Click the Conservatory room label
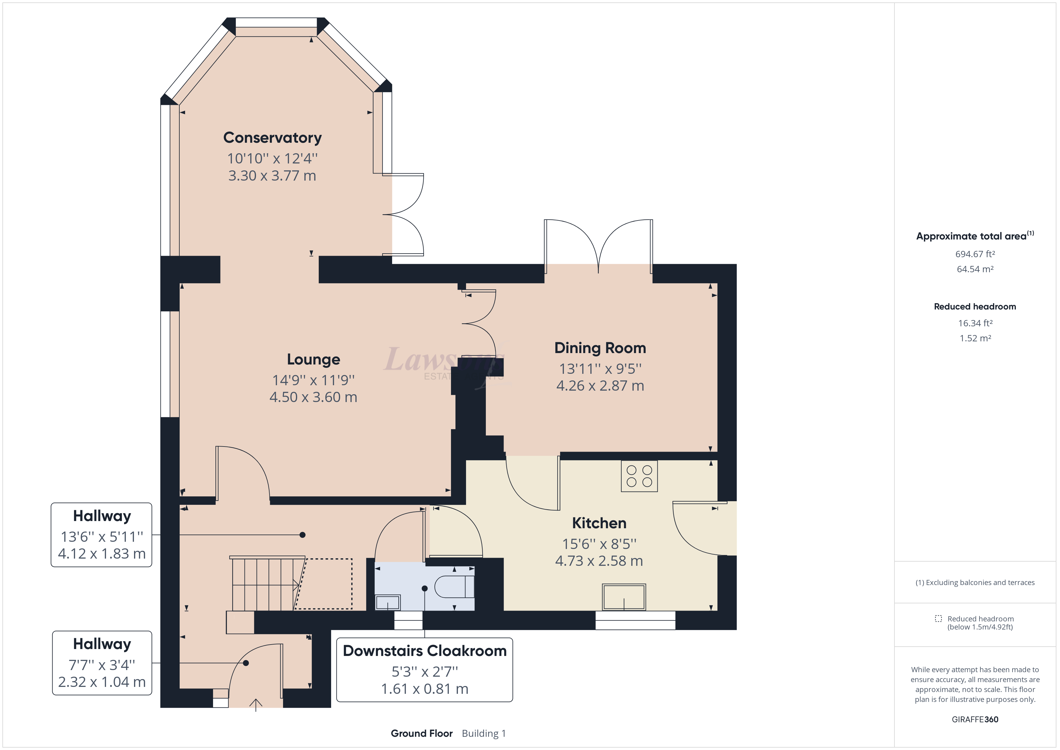tap(273, 138)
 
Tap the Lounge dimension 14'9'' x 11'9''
tap(313, 380)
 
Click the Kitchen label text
tap(599, 523)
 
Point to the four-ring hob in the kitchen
tap(639, 476)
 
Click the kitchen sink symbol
tap(624, 597)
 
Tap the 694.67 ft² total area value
tap(975, 254)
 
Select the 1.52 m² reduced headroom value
tap(975, 338)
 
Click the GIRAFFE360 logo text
tap(975, 719)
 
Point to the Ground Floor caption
tap(422, 733)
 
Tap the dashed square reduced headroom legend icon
tap(938, 618)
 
